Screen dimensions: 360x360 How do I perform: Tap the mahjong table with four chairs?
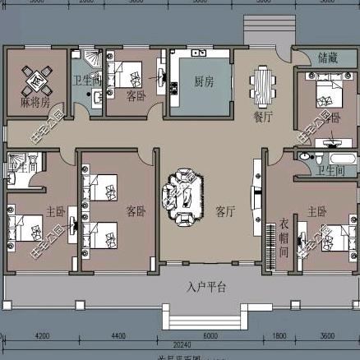[x=35, y=82]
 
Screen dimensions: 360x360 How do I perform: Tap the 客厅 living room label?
[x=226, y=210]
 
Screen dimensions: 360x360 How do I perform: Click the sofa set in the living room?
[x=180, y=194]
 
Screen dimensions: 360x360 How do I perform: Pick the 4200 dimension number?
[x=42, y=335]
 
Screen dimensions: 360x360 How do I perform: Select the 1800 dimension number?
[x=280, y=335]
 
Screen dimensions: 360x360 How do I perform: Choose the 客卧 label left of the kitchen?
[x=136, y=95]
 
